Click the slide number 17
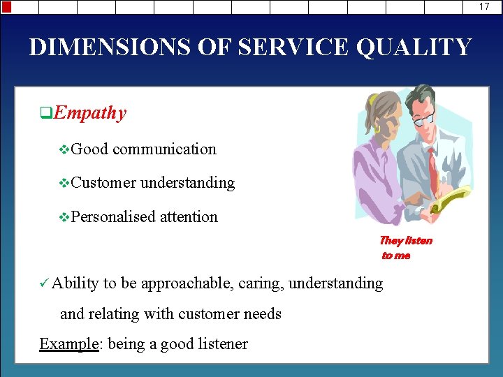(x=484, y=6)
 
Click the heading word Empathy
(x=89, y=113)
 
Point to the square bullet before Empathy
(x=45, y=112)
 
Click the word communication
(x=164, y=149)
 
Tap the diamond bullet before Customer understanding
(x=65, y=184)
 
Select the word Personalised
(x=113, y=217)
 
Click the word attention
(x=189, y=217)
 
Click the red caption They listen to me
(x=405, y=248)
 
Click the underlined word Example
(x=68, y=344)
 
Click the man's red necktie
(x=432, y=168)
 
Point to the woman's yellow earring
(x=377, y=130)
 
